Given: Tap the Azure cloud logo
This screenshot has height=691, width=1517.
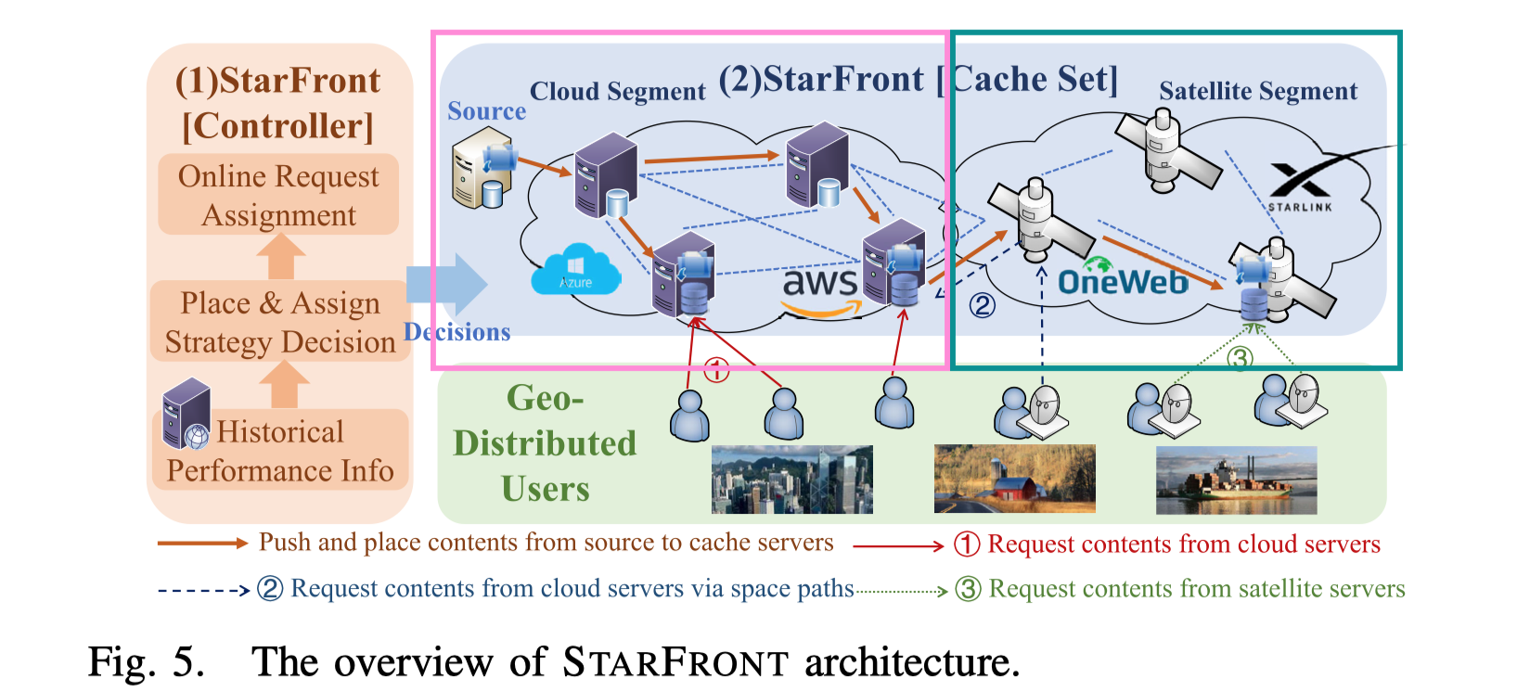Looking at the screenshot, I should [x=575, y=271].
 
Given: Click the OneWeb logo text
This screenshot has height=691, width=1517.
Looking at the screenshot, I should [x=1123, y=281].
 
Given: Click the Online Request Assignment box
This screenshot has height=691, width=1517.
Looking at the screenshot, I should [x=278, y=195].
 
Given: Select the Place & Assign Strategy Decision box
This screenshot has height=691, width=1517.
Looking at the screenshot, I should [x=280, y=322].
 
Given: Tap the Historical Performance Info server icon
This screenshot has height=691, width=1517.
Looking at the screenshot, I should [x=186, y=415].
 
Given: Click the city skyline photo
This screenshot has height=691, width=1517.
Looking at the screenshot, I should [x=791, y=480].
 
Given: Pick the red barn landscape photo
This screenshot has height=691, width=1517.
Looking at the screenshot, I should [x=1014, y=479].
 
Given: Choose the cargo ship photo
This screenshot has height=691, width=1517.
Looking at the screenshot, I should [x=1236, y=480].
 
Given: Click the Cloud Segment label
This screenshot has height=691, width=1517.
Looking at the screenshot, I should [x=617, y=92].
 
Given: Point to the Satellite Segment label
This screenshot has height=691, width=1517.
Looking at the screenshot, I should [x=1257, y=91].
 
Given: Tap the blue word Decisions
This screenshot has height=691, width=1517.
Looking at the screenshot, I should [x=457, y=332].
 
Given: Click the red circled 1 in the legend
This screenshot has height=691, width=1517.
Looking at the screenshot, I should [x=967, y=544].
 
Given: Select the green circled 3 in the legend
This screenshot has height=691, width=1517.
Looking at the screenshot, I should [x=968, y=589].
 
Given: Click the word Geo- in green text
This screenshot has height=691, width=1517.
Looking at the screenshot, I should [x=545, y=399].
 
